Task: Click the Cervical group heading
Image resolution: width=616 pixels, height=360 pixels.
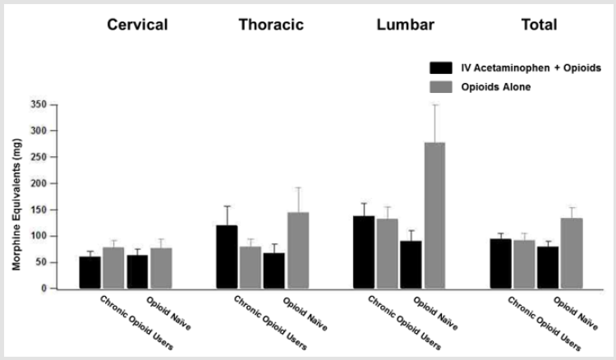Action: click(137, 25)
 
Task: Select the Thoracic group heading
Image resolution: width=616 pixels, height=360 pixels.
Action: click(271, 25)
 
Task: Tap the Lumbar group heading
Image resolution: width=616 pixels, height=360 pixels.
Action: click(402, 25)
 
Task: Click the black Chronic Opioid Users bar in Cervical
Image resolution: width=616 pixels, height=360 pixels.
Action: click(90, 272)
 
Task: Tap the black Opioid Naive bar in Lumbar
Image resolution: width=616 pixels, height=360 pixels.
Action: click(411, 264)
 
